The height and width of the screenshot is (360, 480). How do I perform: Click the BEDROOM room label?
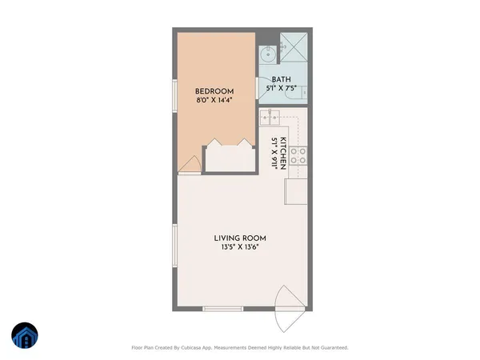point(214,90)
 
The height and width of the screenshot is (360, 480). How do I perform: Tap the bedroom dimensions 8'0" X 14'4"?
point(214,101)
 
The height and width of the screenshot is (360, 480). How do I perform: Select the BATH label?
point(281,79)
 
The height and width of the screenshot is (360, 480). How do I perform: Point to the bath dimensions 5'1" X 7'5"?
point(281,88)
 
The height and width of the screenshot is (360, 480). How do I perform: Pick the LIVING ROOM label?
point(240,238)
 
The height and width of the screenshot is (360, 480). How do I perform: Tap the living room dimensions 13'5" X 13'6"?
point(240,248)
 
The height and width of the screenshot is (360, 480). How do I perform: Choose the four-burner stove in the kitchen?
point(298,155)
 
